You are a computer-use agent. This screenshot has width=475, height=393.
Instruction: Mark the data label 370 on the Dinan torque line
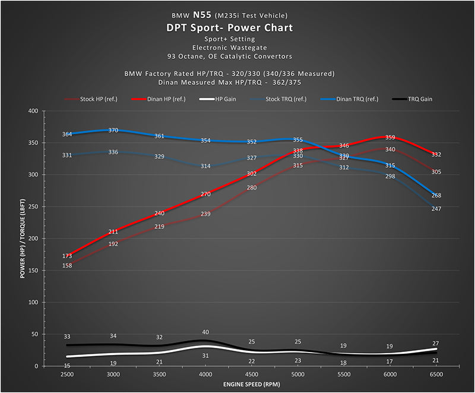point(113,130)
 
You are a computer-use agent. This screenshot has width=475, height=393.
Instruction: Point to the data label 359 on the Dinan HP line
point(390,137)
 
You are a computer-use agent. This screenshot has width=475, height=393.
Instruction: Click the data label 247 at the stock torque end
point(436,209)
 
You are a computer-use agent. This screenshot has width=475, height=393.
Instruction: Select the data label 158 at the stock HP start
point(68,265)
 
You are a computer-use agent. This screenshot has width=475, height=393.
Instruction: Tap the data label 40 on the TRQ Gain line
point(205,332)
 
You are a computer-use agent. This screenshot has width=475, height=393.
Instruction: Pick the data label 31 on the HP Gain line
point(205,356)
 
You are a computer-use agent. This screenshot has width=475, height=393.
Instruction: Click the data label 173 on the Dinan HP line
point(68,256)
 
